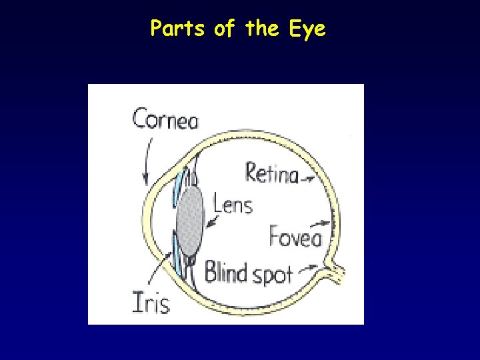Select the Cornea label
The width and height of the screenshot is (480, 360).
pos(165,120)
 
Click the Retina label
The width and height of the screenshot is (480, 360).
pos(271,173)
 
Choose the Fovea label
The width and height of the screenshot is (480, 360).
pos(295,237)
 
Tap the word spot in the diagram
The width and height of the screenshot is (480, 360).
pos(273,274)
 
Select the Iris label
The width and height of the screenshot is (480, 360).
pos(151,302)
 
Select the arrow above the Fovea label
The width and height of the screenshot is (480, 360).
pos(323,223)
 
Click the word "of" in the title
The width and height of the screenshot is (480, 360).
pos(223,29)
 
